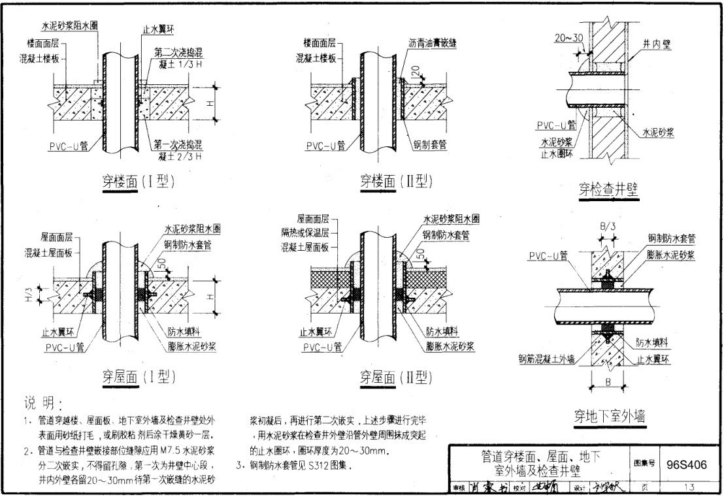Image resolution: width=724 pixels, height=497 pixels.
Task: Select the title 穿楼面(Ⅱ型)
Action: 397,181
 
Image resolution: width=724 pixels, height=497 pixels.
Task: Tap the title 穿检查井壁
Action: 608,189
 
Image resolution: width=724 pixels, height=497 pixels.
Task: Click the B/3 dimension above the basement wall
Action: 607,227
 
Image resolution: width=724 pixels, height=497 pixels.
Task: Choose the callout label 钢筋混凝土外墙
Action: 546,357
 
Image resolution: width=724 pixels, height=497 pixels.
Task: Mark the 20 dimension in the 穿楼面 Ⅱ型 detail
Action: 416,70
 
